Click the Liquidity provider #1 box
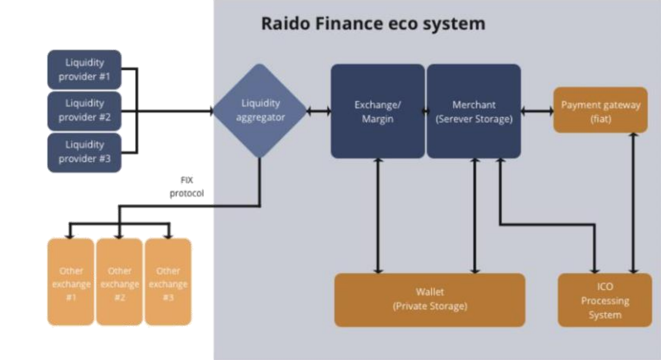tap(84, 69)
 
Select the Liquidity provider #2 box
tap(84, 111)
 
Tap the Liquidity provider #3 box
tap(84, 152)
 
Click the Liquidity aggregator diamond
tap(260, 111)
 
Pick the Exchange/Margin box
tap(377, 111)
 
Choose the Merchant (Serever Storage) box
tap(474, 111)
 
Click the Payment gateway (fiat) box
tap(600, 111)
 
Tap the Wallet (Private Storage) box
tap(430, 299)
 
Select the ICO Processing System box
tap(605, 300)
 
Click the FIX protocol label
tap(187, 187)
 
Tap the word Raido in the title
tap(285, 23)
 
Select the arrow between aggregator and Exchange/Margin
tap(319, 111)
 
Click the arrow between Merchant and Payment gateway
tap(537, 111)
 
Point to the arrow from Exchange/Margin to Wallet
tap(378, 216)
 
